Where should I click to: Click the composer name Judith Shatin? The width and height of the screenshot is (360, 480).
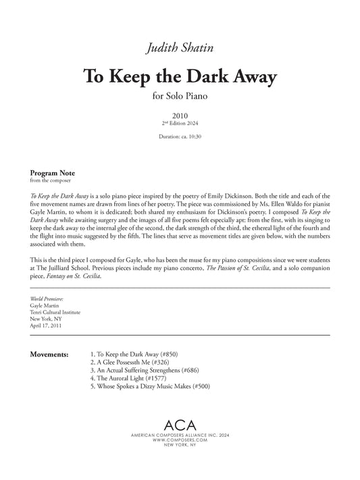180,47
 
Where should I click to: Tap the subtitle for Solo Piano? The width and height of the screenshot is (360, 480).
180,96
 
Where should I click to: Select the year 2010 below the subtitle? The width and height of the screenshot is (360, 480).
180,115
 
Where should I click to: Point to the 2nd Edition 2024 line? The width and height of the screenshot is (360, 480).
180,124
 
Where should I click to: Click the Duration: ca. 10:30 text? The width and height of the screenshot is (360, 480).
180,137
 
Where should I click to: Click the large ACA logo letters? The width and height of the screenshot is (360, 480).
180,424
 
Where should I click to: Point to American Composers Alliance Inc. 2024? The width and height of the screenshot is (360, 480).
180,434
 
